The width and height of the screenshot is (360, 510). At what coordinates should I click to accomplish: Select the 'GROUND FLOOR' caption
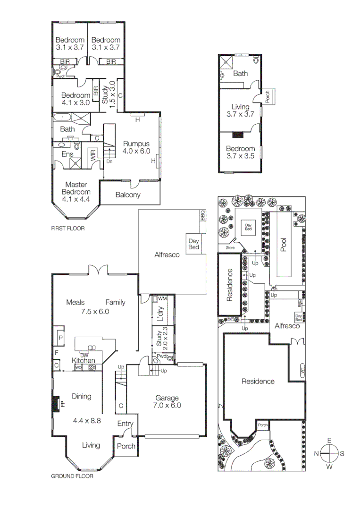click(72, 476)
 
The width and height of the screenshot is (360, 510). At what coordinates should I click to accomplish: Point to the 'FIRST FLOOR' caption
click(67, 228)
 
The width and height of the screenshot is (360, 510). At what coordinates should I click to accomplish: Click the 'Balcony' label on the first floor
click(127, 195)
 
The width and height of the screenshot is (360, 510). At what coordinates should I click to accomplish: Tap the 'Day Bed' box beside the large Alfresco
click(194, 244)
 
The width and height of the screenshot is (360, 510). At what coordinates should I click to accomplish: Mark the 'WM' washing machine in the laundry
click(162, 299)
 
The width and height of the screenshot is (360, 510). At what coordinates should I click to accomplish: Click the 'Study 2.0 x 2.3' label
click(159, 339)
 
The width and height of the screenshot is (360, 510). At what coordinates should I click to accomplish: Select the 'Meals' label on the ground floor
click(75, 302)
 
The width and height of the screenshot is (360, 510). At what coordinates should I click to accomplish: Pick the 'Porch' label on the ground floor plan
click(126, 446)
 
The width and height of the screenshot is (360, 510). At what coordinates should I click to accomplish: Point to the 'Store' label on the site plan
click(230, 247)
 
